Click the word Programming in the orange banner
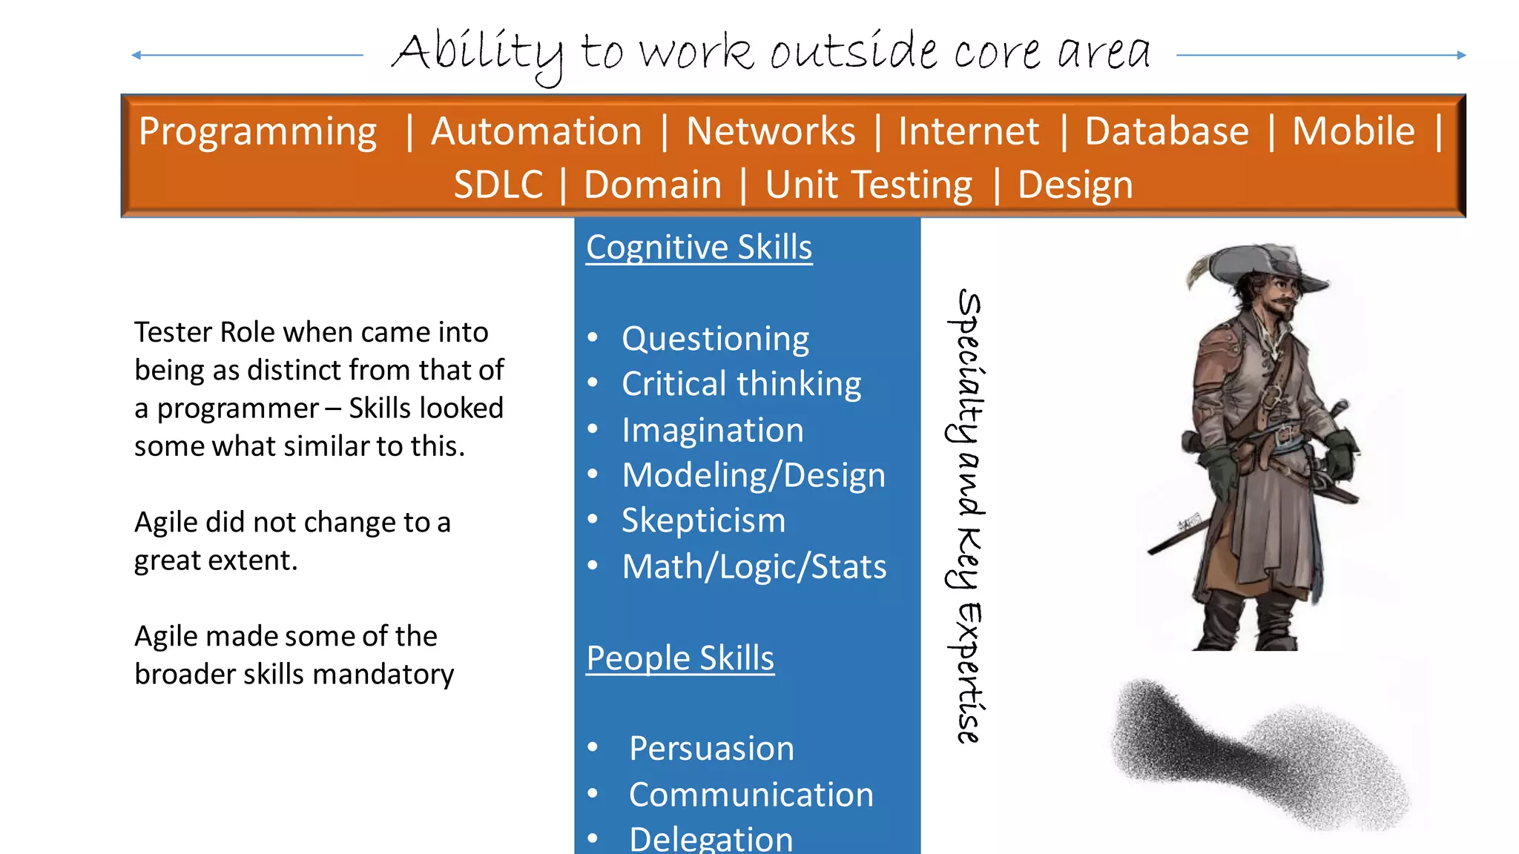point(257,132)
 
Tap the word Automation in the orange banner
point(536,132)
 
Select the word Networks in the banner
point(771,132)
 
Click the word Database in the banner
point(1166,132)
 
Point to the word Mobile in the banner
point(1353,132)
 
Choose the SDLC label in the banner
point(498,185)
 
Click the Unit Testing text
point(869,185)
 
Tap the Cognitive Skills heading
point(699,248)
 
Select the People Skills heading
point(680,658)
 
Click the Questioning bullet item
point(715,340)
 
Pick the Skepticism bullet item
point(703,520)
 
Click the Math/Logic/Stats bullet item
point(754,567)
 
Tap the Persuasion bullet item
point(711,749)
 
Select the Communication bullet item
point(751,795)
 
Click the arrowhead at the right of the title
point(1461,55)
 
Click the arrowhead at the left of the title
point(136,55)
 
